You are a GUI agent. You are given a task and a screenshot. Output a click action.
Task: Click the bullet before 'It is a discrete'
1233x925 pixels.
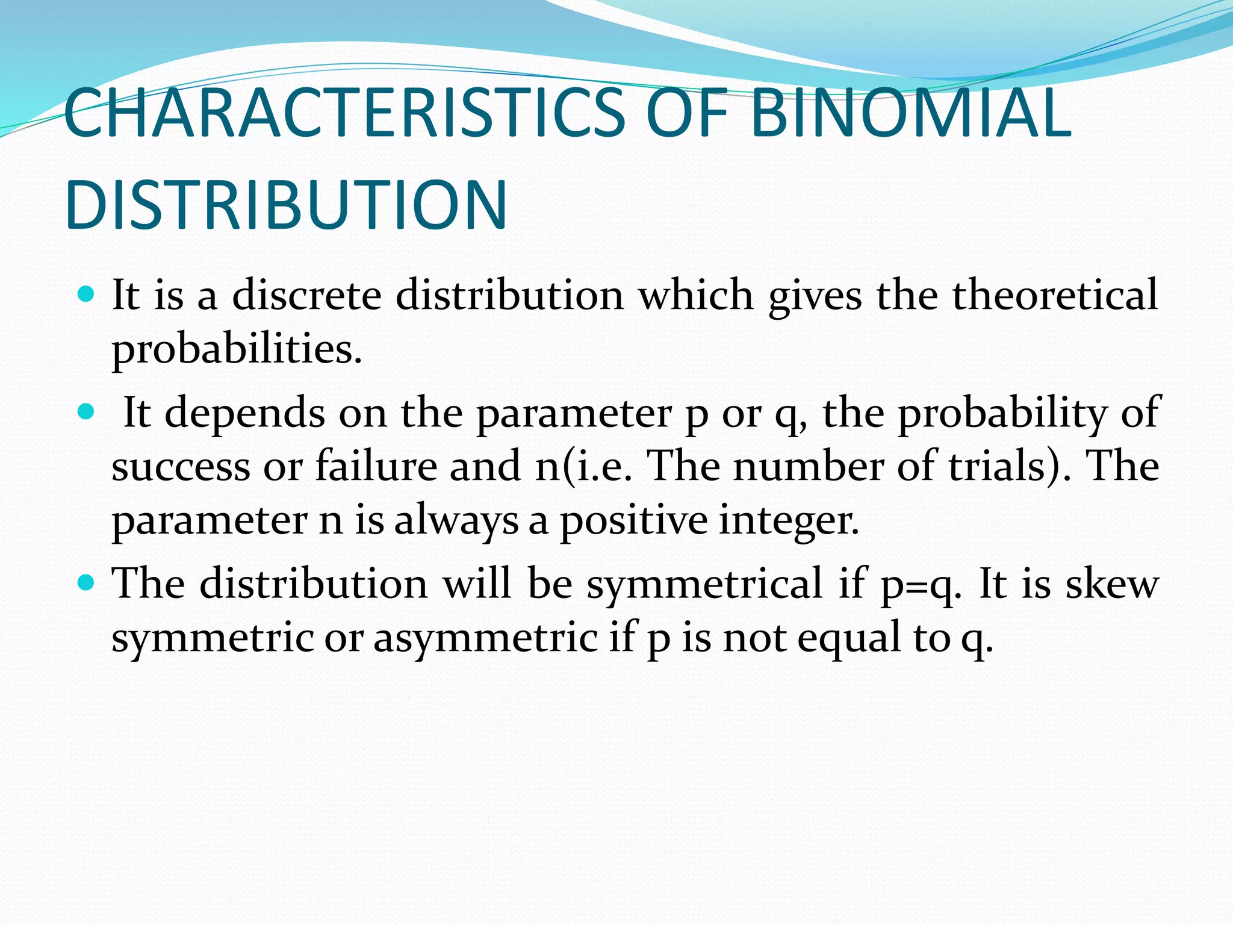87,295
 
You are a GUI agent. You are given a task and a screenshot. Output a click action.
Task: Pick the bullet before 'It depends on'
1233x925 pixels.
87,412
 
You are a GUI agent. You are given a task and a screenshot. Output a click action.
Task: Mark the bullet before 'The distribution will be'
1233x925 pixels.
87,583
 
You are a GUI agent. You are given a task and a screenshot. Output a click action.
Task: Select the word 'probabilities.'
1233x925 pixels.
237,349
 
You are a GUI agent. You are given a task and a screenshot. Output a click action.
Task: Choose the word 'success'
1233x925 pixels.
181,467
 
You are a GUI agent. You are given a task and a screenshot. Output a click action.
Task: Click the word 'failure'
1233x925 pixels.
376,466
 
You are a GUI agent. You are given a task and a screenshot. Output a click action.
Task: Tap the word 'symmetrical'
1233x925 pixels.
704,584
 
